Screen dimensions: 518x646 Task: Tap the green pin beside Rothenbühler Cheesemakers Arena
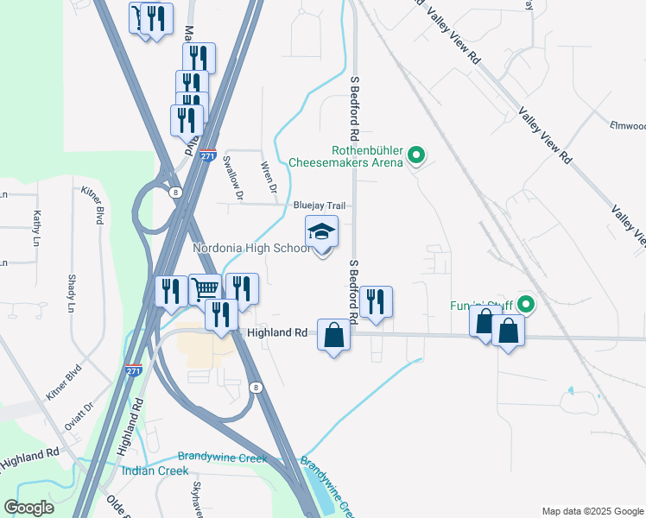416,156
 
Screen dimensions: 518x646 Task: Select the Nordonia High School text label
250,249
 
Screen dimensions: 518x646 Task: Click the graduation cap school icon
321,231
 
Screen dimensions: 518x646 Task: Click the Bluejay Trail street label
319,205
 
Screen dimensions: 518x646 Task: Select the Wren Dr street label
269,176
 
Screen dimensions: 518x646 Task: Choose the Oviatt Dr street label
78,420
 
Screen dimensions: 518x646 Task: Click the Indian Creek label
155,471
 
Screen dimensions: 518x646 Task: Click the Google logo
29,508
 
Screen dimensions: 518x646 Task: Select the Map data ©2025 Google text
592,511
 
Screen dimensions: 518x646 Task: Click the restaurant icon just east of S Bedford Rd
375,301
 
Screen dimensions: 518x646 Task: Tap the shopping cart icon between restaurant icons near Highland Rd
205,288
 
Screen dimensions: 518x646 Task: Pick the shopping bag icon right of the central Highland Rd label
333,334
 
